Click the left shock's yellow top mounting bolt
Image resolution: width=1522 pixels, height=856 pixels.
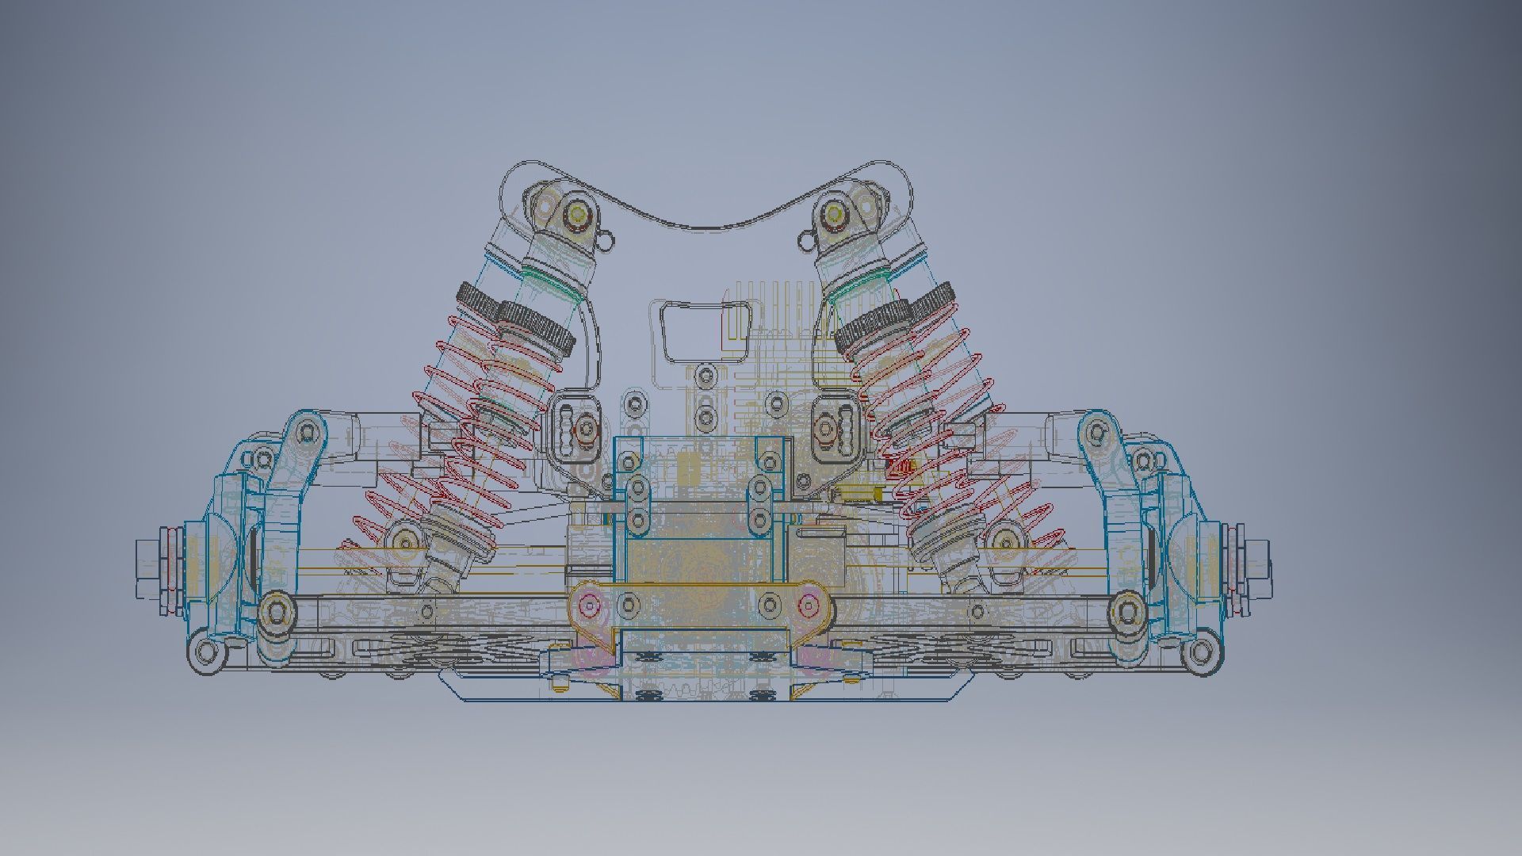coord(577,212)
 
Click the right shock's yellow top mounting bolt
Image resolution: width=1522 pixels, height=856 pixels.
coord(832,212)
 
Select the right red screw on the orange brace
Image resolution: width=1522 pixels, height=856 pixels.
coord(808,607)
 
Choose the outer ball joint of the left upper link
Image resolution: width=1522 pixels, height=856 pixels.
coord(304,433)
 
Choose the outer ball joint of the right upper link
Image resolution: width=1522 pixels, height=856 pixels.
coord(1096,432)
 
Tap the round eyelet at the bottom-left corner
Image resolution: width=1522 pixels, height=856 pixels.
coord(207,653)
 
